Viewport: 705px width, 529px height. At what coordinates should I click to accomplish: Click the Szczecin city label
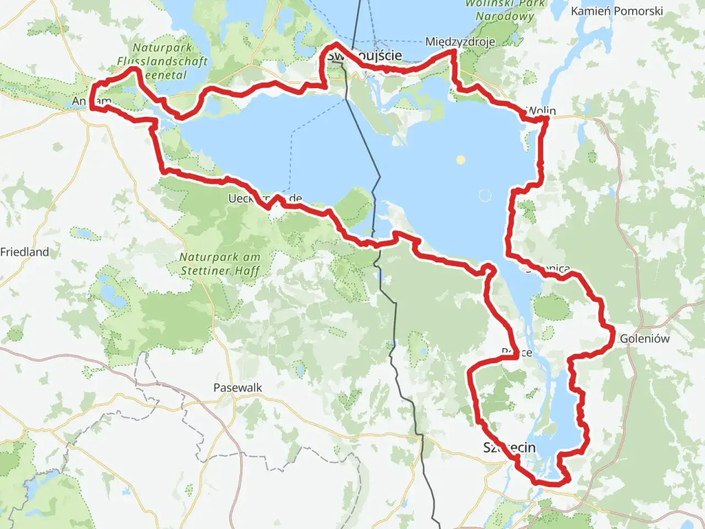point(509,447)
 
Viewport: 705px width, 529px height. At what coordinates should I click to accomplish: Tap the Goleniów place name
point(644,338)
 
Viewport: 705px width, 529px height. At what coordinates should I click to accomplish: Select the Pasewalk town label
point(237,387)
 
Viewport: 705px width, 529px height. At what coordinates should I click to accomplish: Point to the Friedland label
point(24,252)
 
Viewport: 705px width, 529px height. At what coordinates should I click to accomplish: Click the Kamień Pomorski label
point(616,11)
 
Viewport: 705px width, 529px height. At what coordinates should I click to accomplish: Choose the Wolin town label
point(542,110)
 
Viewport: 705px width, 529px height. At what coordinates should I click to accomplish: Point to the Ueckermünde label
point(265,198)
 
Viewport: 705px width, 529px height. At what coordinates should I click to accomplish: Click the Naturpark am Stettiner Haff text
point(220,263)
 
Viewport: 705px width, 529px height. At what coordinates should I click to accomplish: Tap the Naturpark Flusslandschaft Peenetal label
point(162,61)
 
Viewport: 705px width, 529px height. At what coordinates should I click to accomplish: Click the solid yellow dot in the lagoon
point(460,160)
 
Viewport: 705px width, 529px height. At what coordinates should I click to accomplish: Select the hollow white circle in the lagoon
point(485,195)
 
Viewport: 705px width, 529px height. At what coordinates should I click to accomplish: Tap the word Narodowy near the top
point(505,16)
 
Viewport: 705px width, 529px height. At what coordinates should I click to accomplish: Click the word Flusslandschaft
point(162,61)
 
